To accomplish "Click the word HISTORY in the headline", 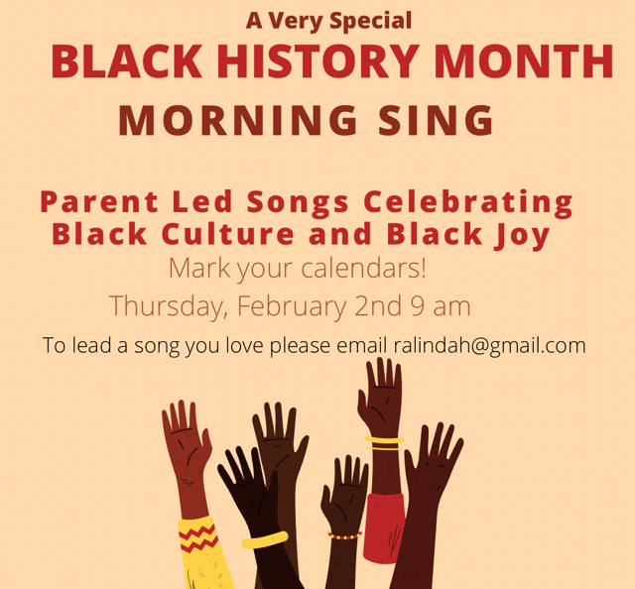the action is coord(317,60).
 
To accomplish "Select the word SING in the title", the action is coord(436,120).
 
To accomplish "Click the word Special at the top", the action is coord(370,21).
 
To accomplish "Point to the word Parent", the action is coord(99,201).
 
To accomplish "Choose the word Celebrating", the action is coord(468,203).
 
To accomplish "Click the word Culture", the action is coord(227,234).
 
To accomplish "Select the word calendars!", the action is coord(364,268).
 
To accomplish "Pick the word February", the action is coord(292,306).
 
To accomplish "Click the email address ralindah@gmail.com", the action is coord(489,346).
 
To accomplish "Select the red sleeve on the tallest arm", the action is coord(384,529).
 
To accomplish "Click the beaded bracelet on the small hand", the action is coord(344,536).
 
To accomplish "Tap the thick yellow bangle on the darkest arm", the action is coord(265,540).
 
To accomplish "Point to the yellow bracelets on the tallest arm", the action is coord(384,443).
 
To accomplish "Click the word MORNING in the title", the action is coord(238,120).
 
